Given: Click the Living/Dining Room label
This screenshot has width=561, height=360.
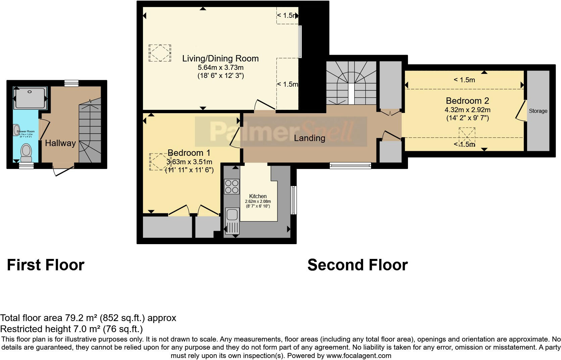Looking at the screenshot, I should click(x=220, y=58).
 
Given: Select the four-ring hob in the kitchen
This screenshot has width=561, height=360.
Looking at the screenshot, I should click(x=232, y=186).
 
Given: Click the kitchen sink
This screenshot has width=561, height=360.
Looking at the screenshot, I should click(x=232, y=214).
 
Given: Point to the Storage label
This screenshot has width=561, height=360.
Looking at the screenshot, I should click(x=538, y=111).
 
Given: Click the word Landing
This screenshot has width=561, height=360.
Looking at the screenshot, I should click(x=309, y=138).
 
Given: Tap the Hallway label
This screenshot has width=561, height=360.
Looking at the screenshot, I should click(x=60, y=143).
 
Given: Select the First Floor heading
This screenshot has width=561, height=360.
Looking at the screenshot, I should click(x=46, y=265).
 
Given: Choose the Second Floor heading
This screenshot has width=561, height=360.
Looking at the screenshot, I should click(x=357, y=265).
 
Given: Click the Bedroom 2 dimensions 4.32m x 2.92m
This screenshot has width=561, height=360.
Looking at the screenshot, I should click(x=467, y=110).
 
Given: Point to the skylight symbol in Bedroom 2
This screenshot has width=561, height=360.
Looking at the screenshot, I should click(x=467, y=136).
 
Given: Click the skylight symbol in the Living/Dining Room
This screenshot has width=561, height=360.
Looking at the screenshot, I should click(x=160, y=53).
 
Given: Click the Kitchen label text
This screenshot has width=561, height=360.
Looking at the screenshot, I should click(x=258, y=196).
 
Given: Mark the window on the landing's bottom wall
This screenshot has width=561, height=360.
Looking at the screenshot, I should click(x=350, y=165).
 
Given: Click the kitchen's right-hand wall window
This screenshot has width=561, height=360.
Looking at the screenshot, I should click(x=294, y=200).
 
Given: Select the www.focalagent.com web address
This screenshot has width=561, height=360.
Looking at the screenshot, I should click(x=359, y=355).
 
